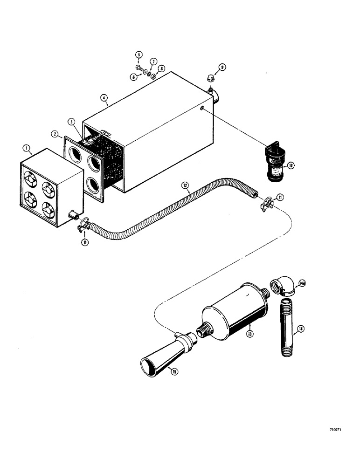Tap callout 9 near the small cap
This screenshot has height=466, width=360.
222,67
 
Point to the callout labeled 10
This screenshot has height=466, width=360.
291,165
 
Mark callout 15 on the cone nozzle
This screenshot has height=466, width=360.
174,371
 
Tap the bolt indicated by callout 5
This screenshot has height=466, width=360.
139,67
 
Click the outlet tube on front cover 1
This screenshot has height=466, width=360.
73,215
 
